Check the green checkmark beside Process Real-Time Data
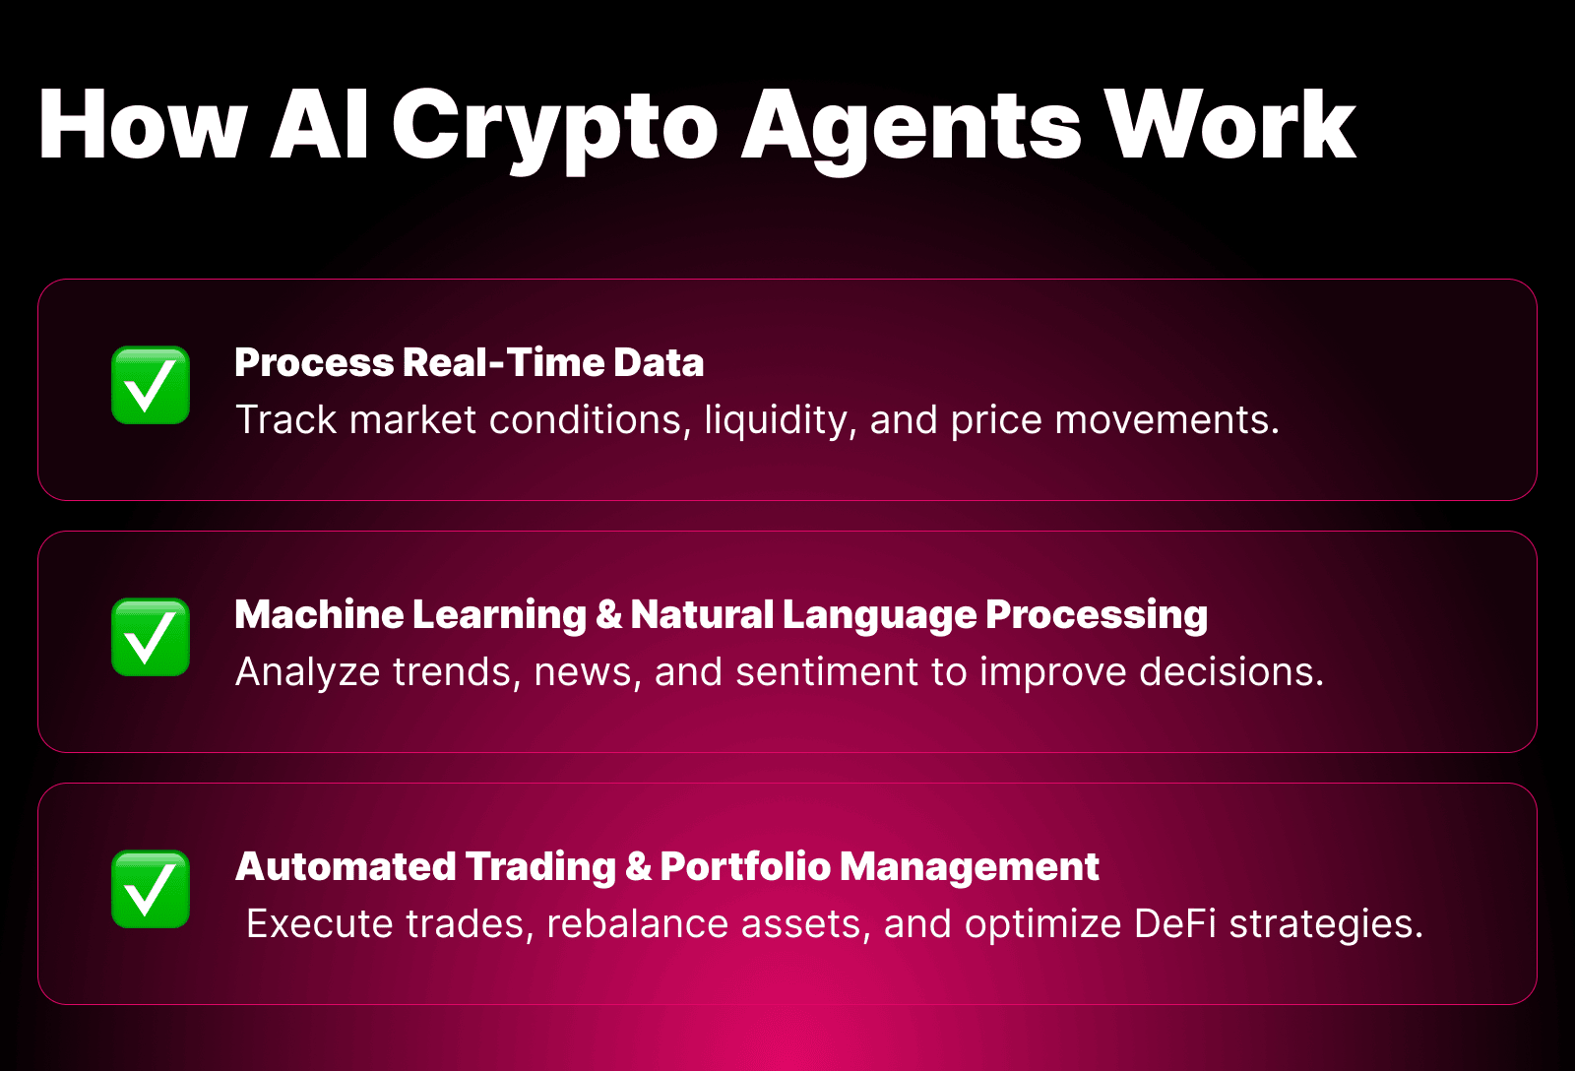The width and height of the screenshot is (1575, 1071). tap(151, 386)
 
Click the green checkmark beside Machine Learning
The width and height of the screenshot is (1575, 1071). tap(151, 638)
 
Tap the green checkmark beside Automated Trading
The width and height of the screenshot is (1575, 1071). tap(151, 890)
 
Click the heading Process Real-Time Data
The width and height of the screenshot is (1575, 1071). tap(469, 362)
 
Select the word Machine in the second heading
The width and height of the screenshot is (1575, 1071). tap(319, 614)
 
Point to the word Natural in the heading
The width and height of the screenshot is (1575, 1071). tap(702, 614)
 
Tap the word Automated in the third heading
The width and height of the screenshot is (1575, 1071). tap(346, 866)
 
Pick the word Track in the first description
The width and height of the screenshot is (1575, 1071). tap(286, 420)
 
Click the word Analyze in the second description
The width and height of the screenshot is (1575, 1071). tap(307, 672)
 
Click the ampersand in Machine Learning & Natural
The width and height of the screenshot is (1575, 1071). tap(609, 614)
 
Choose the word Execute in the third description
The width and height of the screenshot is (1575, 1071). tap(320, 924)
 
